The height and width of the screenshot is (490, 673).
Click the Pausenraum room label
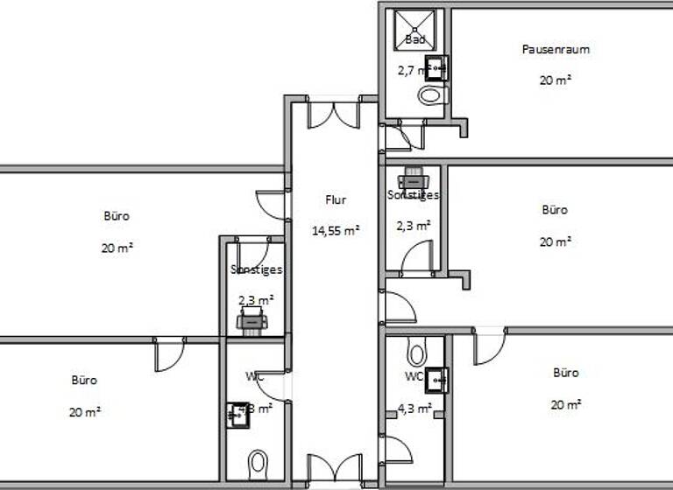556,50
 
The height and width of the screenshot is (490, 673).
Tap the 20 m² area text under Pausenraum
556,80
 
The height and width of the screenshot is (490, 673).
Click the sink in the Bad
436,66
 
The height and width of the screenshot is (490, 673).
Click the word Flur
336,200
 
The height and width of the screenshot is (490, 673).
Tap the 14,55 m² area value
336,231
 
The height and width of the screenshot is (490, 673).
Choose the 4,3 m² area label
414,408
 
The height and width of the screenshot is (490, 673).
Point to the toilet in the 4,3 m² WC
416,354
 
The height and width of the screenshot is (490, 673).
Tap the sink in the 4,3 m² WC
436,380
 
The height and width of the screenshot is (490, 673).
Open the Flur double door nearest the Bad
333,115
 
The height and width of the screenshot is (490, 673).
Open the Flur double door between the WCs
334,467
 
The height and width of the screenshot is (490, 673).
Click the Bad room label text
415,40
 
